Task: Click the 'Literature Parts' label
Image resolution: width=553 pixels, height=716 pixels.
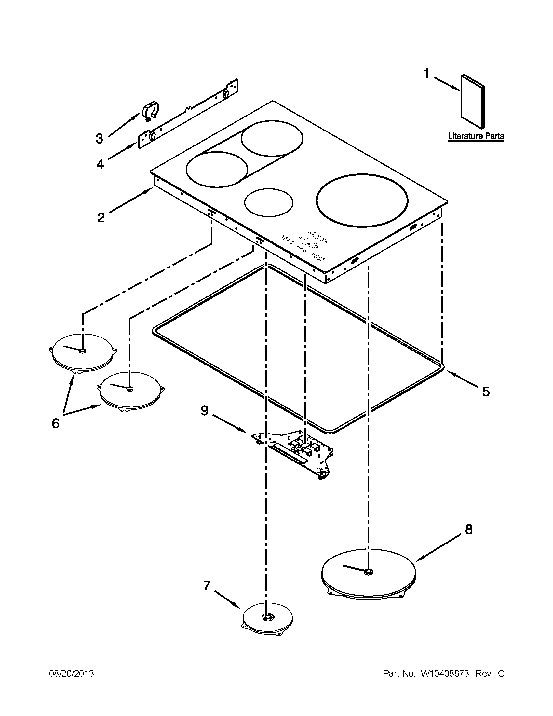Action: point(476,136)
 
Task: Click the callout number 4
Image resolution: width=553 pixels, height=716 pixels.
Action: point(100,164)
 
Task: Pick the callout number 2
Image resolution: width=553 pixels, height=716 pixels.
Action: point(101,217)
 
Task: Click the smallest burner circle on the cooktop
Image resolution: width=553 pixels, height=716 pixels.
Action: point(269,203)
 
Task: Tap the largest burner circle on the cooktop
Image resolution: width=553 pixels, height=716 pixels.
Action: point(362,200)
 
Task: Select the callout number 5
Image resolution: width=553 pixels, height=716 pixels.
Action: point(486,391)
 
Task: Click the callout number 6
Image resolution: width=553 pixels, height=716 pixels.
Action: point(56,423)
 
